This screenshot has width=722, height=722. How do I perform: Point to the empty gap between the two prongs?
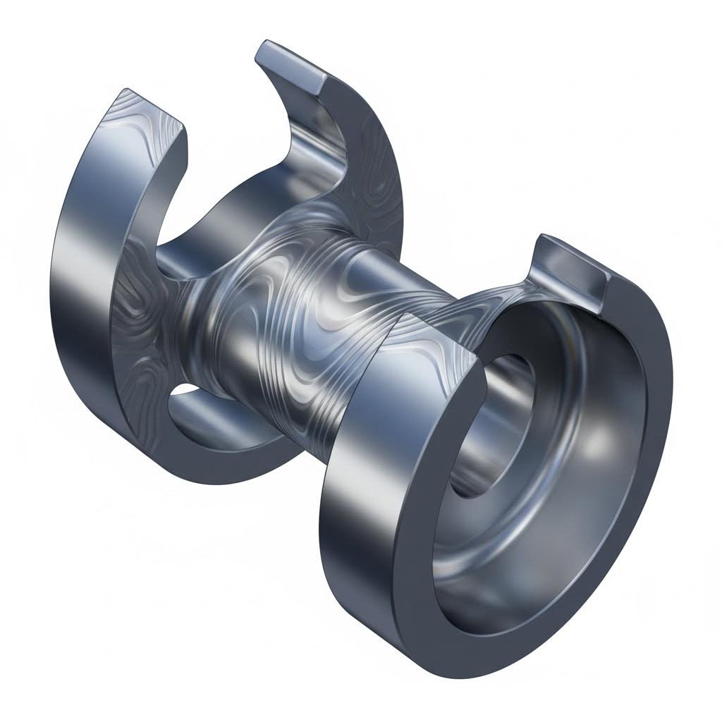click(226, 106)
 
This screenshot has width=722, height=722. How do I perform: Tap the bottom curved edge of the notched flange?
click(212, 465)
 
